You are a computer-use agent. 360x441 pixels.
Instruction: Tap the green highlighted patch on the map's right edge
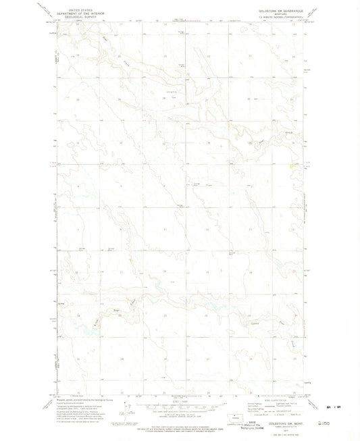coord(291,165)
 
